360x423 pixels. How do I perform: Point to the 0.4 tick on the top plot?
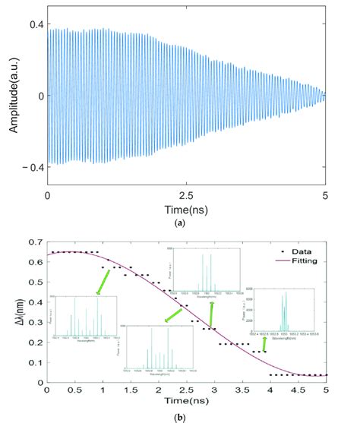click(x=35, y=25)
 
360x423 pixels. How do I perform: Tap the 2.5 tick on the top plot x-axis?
click(x=187, y=194)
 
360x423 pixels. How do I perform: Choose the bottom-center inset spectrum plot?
click(x=159, y=347)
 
